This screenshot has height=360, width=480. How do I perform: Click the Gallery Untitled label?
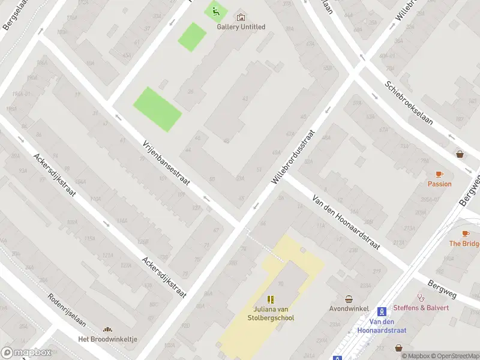point(241,27)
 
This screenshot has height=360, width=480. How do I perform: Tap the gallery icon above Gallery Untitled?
point(241,17)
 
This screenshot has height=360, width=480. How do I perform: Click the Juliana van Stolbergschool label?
point(273,314)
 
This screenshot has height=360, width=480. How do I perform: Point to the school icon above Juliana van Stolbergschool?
point(271,299)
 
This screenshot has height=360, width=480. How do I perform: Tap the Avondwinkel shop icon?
point(349,299)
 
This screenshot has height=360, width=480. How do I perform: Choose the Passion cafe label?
point(439,184)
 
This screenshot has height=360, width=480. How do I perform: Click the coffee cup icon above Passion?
point(439,174)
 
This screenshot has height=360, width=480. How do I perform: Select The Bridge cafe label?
point(464,244)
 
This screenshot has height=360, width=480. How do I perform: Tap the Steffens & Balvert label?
point(421,308)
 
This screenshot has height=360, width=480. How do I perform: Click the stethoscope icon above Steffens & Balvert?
point(421,297)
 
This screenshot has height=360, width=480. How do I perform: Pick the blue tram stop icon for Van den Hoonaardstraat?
point(381,311)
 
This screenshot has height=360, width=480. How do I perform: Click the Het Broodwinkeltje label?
point(108,339)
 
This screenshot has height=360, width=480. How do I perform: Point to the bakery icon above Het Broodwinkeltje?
point(108,329)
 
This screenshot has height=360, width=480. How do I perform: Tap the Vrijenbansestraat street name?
point(166,163)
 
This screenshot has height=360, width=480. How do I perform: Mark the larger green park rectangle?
point(157,109)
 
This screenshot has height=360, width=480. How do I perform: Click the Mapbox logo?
point(26,352)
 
